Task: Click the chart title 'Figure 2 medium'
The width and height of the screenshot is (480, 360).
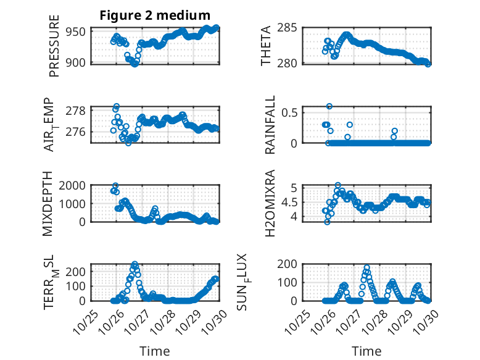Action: [x=155, y=15]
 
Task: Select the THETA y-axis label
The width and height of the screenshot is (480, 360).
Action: [x=266, y=46]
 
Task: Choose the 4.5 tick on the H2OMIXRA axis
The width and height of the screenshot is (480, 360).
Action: [x=291, y=202]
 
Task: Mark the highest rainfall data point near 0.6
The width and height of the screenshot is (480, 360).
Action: [x=329, y=106]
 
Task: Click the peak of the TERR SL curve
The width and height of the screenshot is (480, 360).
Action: [x=134, y=264]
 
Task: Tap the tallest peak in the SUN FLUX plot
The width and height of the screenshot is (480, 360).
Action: [x=367, y=268]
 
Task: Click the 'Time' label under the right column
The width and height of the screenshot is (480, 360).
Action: [x=366, y=351]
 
